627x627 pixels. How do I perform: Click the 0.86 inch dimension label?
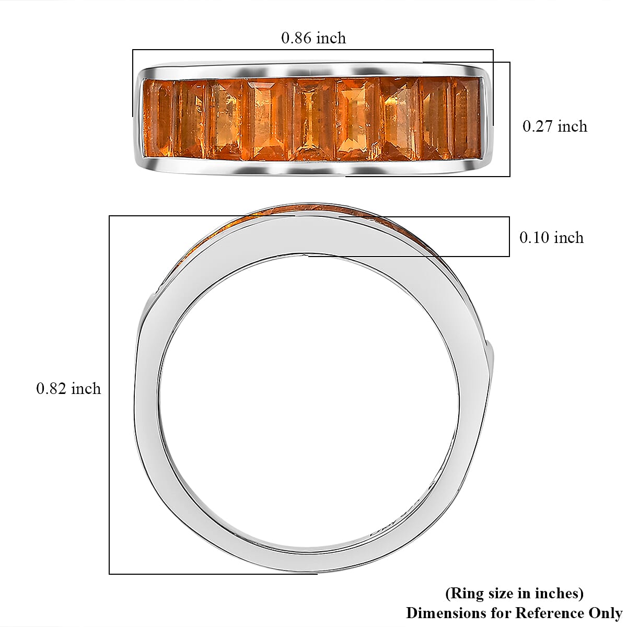coord(313,38)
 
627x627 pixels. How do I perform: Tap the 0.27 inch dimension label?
coord(555,126)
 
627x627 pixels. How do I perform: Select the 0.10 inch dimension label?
coord(552,238)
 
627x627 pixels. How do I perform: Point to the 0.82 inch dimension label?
coord(68,389)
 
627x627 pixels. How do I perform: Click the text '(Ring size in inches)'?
coord(514,594)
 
